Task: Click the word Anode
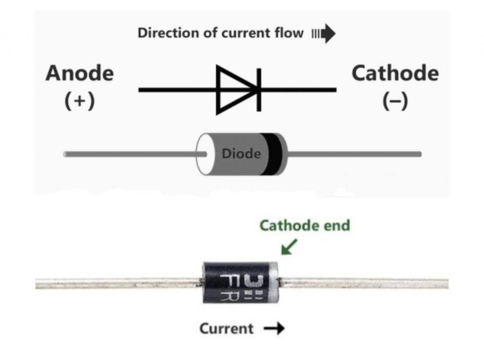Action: click(79, 74)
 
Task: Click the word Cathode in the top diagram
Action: click(395, 74)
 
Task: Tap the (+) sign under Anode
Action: click(79, 102)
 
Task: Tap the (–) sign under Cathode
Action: click(395, 102)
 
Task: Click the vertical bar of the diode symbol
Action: click(259, 89)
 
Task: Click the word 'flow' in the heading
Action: click(289, 33)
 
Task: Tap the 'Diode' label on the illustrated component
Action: click(241, 154)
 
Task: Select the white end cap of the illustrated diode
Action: click(204, 154)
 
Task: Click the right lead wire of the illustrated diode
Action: click(354, 154)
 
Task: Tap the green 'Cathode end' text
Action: click(305, 226)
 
